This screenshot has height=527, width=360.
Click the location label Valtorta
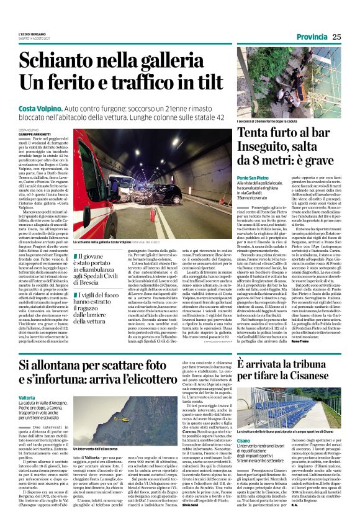27,397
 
